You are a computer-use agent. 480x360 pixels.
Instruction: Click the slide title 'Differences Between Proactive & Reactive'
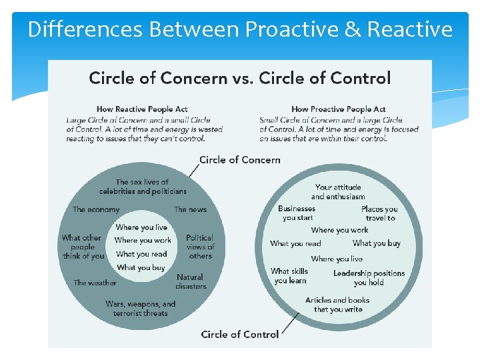pyautogui.click(x=240, y=29)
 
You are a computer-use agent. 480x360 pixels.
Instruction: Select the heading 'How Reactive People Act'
pyautogui.click(x=143, y=109)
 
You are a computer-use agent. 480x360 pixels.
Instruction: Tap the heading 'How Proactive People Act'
pyautogui.click(x=338, y=109)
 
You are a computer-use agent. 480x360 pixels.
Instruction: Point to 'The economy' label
pyautogui.click(x=96, y=209)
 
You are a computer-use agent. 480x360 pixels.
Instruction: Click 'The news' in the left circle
pyautogui.click(x=190, y=209)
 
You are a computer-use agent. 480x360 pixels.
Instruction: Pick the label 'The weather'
pyautogui.click(x=95, y=283)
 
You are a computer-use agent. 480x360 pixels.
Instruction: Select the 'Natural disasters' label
pyautogui.click(x=191, y=281)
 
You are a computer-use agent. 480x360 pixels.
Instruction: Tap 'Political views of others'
pyautogui.click(x=200, y=247)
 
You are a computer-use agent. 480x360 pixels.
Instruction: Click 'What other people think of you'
pyautogui.click(x=83, y=247)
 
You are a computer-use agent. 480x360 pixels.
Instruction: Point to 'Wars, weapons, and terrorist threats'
pyautogui.click(x=140, y=308)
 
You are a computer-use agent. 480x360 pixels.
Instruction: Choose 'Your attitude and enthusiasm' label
pyautogui.click(x=338, y=192)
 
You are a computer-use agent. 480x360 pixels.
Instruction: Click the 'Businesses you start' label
pyautogui.click(x=297, y=213)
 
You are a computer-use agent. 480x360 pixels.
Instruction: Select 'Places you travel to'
pyautogui.click(x=379, y=213)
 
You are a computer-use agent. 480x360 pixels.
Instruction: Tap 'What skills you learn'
pyautogui.click(x=289, y=276)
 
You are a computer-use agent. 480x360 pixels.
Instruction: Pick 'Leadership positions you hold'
pyautogui.click(x=369, y=277)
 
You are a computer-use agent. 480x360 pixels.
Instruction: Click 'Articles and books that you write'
pyautogui.click(x=337, y=305)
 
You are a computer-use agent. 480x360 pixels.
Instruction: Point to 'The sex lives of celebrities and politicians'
pyautogui.click(x=142, y=187)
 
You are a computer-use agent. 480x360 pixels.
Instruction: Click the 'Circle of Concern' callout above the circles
pyautogui.click(x=240, y=160)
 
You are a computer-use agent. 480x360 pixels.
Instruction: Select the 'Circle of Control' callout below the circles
pyautogui.click(x=240, y=334)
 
